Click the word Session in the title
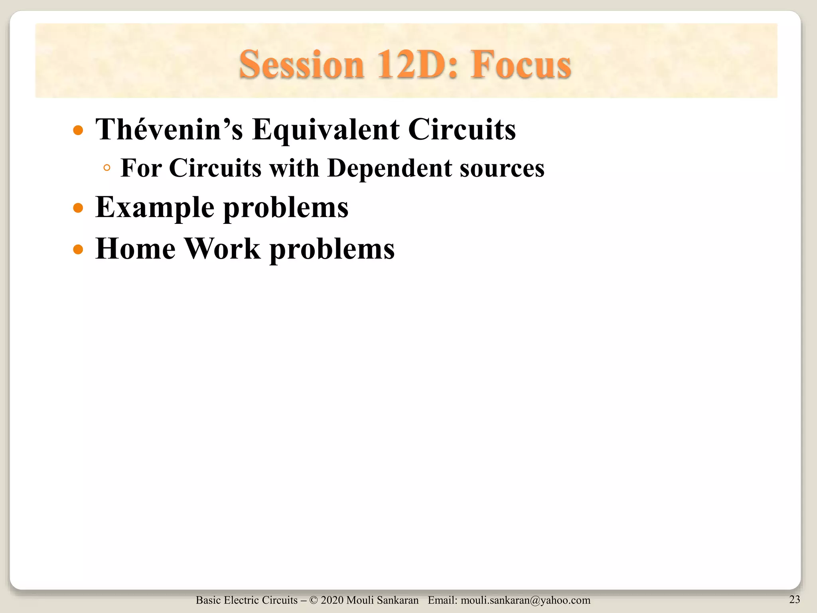302,64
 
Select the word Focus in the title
521,64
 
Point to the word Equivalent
326,129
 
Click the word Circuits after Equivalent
462,129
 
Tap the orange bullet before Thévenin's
79,131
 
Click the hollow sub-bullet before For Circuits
107,168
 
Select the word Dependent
389,168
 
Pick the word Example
155,207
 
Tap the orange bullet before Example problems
79,208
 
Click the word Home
135,248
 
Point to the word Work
223,248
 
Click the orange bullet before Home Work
79,250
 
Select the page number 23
794,599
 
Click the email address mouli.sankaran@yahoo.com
525,600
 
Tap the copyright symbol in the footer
313,600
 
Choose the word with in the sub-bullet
294,168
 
